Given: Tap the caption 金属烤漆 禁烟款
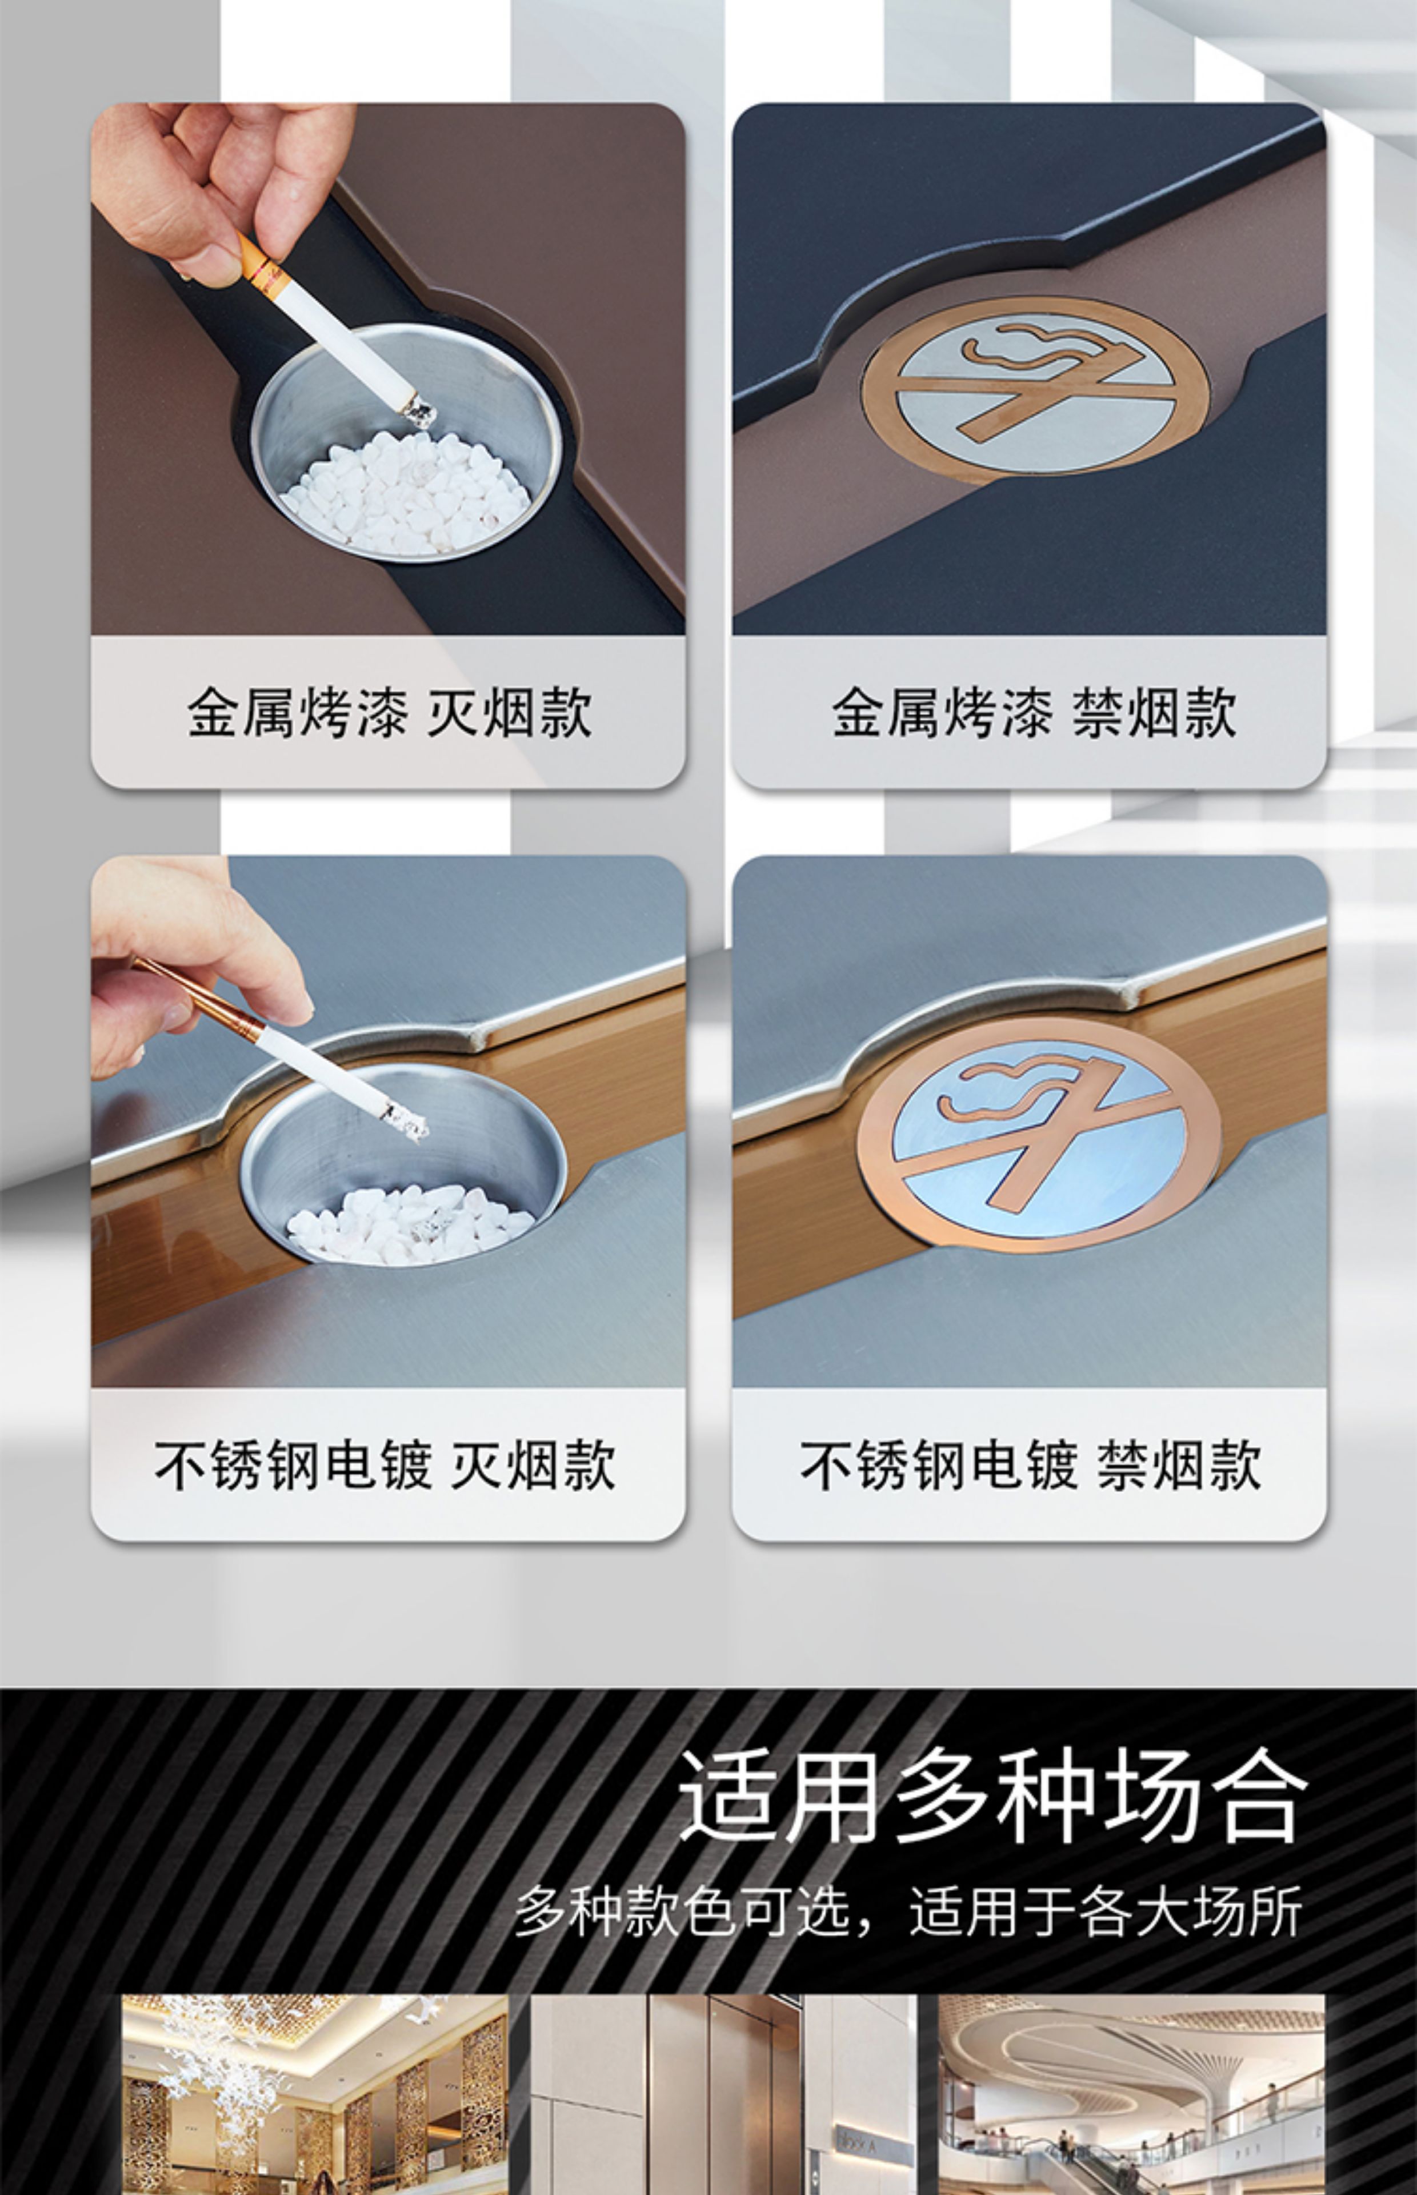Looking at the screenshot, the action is [1034, 712].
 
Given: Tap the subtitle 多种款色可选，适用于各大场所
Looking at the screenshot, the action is [908, 1911].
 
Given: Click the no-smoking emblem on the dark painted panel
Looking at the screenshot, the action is [1035, 388].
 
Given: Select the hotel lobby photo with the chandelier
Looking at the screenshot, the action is [315, 2094].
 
